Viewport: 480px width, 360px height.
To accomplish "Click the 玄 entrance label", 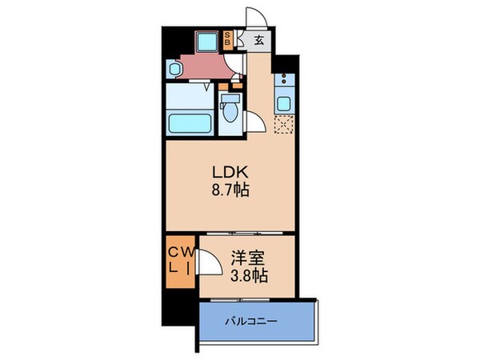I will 259,38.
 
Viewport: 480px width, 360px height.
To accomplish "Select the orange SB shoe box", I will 229,37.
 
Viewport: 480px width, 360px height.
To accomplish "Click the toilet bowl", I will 231,112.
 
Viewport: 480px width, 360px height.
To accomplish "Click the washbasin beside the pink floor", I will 176,70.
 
